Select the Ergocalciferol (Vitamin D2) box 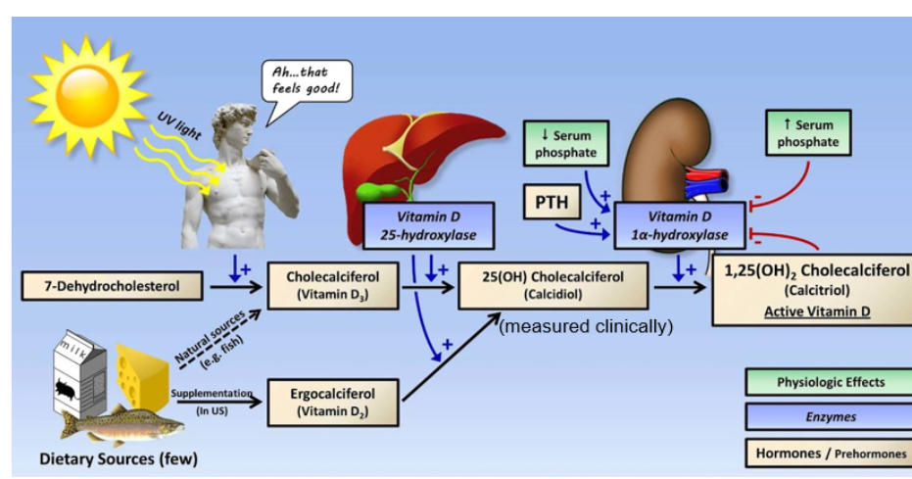coord(335,402)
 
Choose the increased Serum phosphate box coord(808,134)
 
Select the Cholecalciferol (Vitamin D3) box coord(335,285)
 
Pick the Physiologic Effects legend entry coord(818,382)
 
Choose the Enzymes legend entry coord(818,417)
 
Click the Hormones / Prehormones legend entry coord(818,453)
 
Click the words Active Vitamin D coord(815,311)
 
